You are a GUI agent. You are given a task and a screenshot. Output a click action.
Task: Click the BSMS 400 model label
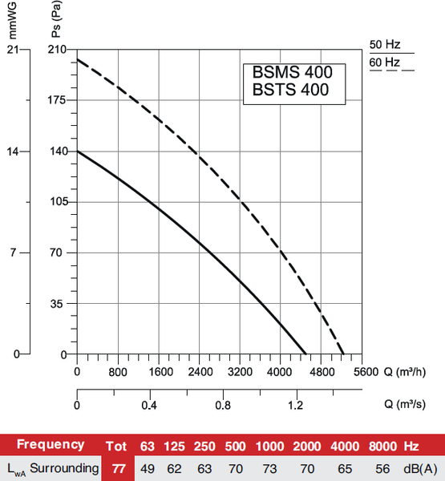[x=293, y=72]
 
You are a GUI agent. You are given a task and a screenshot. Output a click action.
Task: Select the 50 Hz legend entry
[x=385, y=45]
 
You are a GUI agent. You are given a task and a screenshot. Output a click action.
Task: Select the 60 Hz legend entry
[x=385, y=62]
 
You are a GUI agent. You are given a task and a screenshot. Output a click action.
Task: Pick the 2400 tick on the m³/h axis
[x=200, y=371]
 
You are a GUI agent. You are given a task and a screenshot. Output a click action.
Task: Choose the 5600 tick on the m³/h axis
[x=365, y=371]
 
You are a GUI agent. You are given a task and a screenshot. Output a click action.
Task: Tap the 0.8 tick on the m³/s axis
[x=222, y=406]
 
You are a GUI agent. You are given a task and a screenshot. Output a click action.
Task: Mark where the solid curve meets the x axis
[x=306, y=354]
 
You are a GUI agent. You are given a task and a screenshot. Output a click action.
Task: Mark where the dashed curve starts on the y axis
[x=77, y=59]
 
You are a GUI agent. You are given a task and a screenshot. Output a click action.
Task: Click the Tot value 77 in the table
[x=118, y=467]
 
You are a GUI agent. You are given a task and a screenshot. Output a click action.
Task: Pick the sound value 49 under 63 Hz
[x=148, y=467]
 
